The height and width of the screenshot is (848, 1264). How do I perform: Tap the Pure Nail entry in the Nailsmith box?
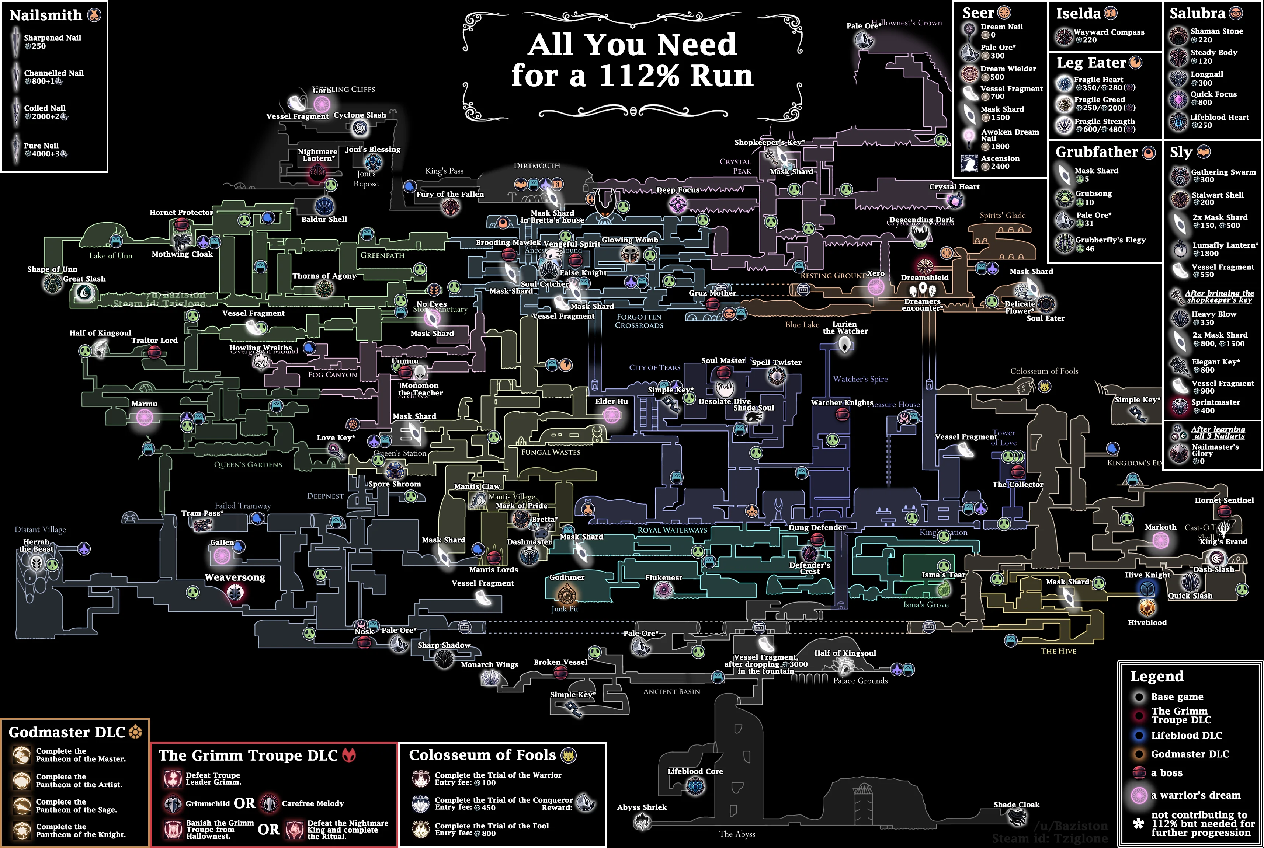coord(41,146)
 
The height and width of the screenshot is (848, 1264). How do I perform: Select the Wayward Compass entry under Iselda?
coord(1109,32)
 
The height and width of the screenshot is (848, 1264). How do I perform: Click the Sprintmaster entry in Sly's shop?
coord(1215,402)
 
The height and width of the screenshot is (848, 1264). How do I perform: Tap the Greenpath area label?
coord(382,255)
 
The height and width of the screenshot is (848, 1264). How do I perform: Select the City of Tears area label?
coord(655,368)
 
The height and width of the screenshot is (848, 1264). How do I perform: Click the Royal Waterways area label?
coord(672,530)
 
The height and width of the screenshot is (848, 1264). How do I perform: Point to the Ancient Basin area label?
coord(671,692)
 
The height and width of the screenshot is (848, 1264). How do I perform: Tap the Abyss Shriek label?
coord(642,807)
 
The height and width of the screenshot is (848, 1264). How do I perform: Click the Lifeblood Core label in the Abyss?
coord(695,772)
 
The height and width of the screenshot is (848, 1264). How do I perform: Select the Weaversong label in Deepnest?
coord(235,577)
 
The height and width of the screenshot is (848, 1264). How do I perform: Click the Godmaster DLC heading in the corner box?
coord(67,732)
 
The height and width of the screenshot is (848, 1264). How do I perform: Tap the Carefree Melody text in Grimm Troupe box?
coord(313,804)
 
